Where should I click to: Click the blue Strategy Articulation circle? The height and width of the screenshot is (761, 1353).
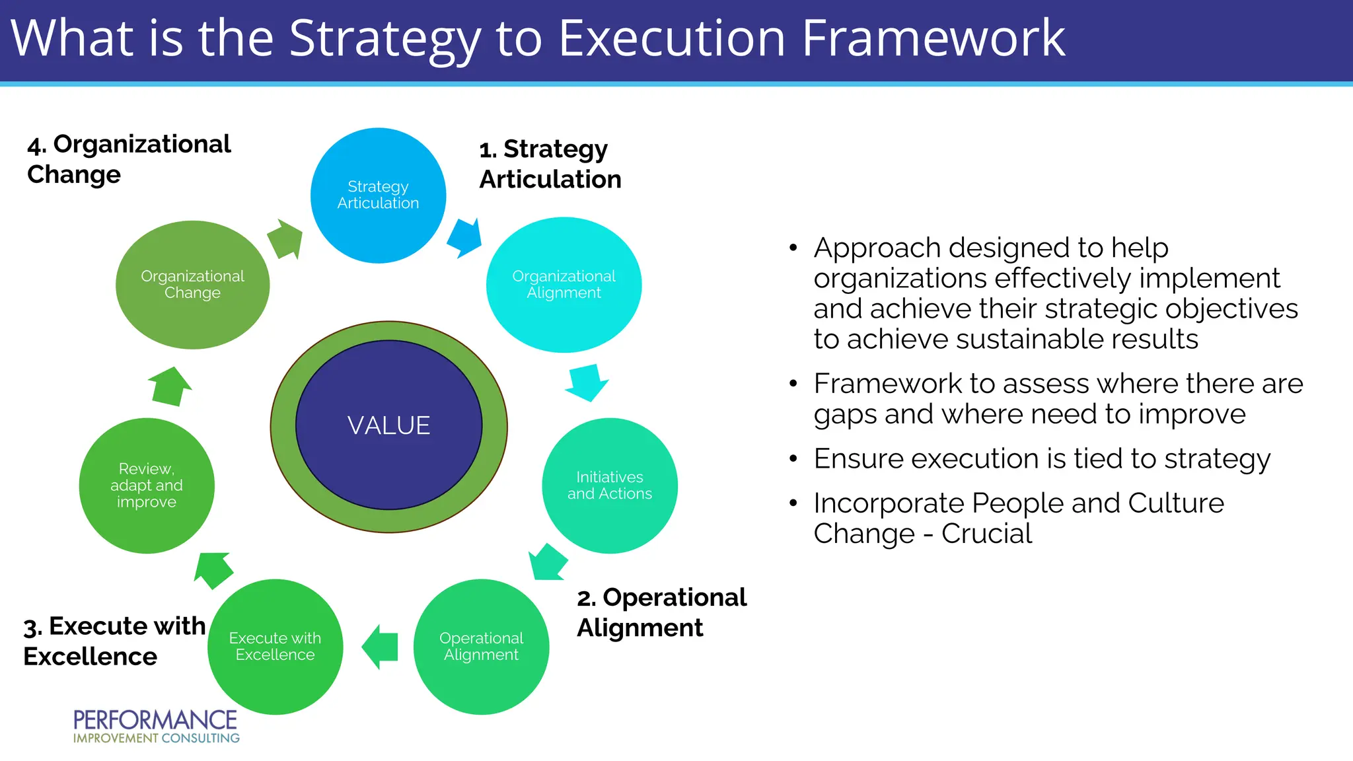tap(378, 196)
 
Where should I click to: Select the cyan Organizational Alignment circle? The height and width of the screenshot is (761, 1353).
tap(564, 285)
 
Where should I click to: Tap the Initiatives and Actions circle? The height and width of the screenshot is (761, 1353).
tap(609, 486)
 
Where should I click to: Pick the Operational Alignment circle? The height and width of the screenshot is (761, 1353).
tap(481, 647)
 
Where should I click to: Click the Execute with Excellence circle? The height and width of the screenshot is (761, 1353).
tap(275, 647)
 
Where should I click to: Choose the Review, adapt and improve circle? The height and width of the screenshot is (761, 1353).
tap(147, 486)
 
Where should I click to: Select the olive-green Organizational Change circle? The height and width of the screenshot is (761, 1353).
tap(192, 285)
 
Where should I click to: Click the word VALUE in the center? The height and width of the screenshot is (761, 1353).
tap(389, 425)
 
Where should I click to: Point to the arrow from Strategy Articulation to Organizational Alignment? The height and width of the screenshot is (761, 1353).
tap(465, 238)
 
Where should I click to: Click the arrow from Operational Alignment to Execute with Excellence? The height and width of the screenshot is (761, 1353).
tap(381, 647)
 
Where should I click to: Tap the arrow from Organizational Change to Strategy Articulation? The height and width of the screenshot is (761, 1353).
tap(285, 239)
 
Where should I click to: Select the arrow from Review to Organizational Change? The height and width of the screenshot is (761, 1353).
tap(170, 386)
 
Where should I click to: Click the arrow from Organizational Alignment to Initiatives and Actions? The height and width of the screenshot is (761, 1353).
tap(586, 382)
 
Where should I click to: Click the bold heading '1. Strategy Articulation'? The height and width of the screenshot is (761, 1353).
tap(550, 164)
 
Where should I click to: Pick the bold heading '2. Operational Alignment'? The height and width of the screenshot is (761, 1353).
tap(661, 612)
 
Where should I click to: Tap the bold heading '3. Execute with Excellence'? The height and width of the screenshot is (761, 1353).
tap(114, 641)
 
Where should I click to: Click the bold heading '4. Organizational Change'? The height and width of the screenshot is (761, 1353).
tap(129, 159)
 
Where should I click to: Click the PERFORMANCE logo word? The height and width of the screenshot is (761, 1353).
tap(155, 719)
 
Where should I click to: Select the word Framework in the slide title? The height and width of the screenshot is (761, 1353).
tap(933, 38)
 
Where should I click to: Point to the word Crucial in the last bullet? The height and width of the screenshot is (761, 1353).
tap(986, 534)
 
